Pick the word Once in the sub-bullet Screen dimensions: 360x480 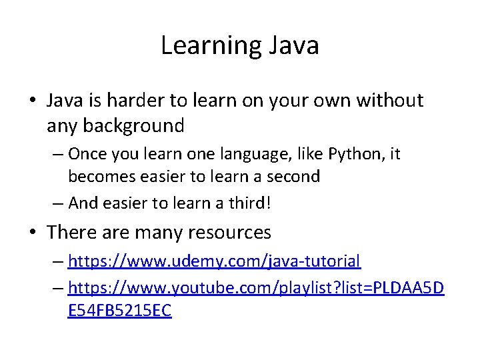88,154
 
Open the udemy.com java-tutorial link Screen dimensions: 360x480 214,261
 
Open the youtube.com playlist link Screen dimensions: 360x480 256,288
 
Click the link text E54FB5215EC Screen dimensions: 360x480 120,311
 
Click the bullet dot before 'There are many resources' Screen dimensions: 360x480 33,233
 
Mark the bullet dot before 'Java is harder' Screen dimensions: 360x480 33,101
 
